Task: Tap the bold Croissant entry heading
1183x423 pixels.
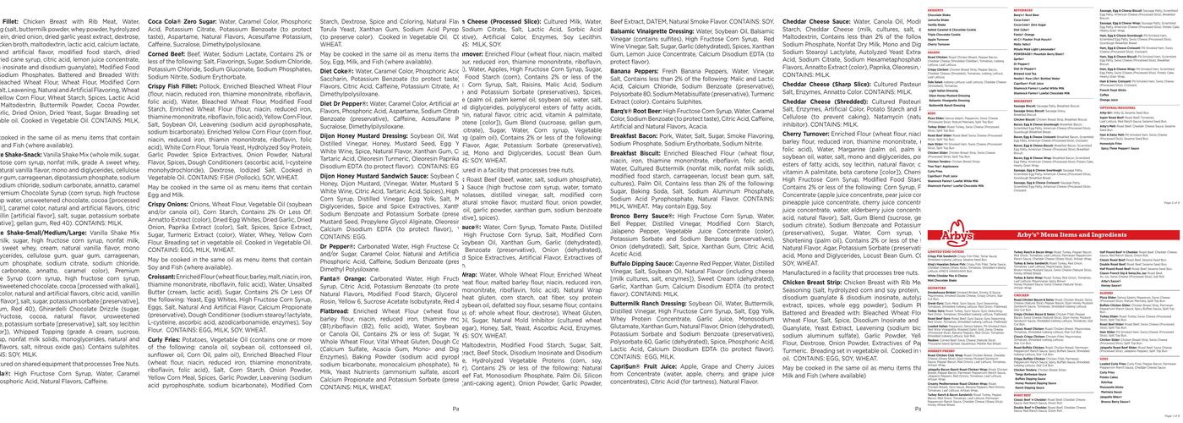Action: click(162, 275)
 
